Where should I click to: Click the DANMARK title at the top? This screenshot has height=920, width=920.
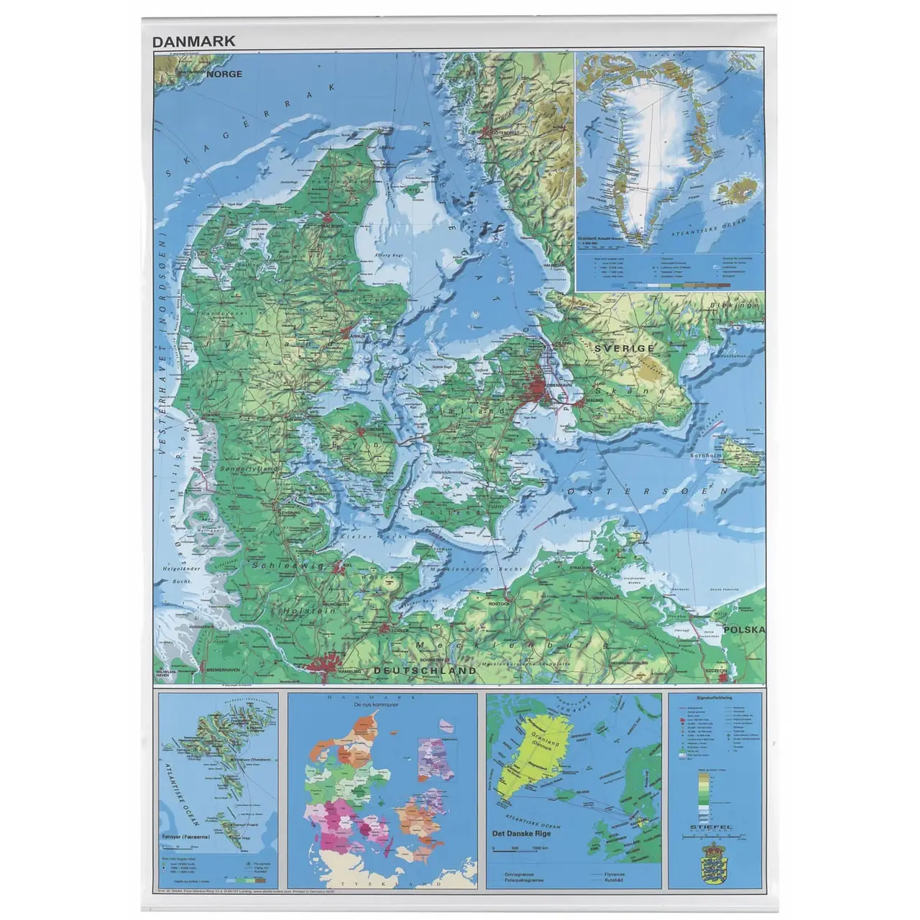[x=194, y=41]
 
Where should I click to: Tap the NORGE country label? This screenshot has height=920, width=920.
[x=225, y=74]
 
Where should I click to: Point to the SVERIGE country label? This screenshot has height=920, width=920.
[x=624, y=348]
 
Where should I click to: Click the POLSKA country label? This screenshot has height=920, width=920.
[x=743, y=630]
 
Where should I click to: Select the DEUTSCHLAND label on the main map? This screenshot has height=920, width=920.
[x=425, y=671]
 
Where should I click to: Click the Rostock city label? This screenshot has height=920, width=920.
[x=499, y=604]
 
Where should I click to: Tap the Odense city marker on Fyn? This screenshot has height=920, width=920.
[x=362, y=431]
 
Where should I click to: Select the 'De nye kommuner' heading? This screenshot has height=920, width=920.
[x=375, y=706]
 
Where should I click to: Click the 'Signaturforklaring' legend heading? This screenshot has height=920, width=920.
[x=714, y=699]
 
